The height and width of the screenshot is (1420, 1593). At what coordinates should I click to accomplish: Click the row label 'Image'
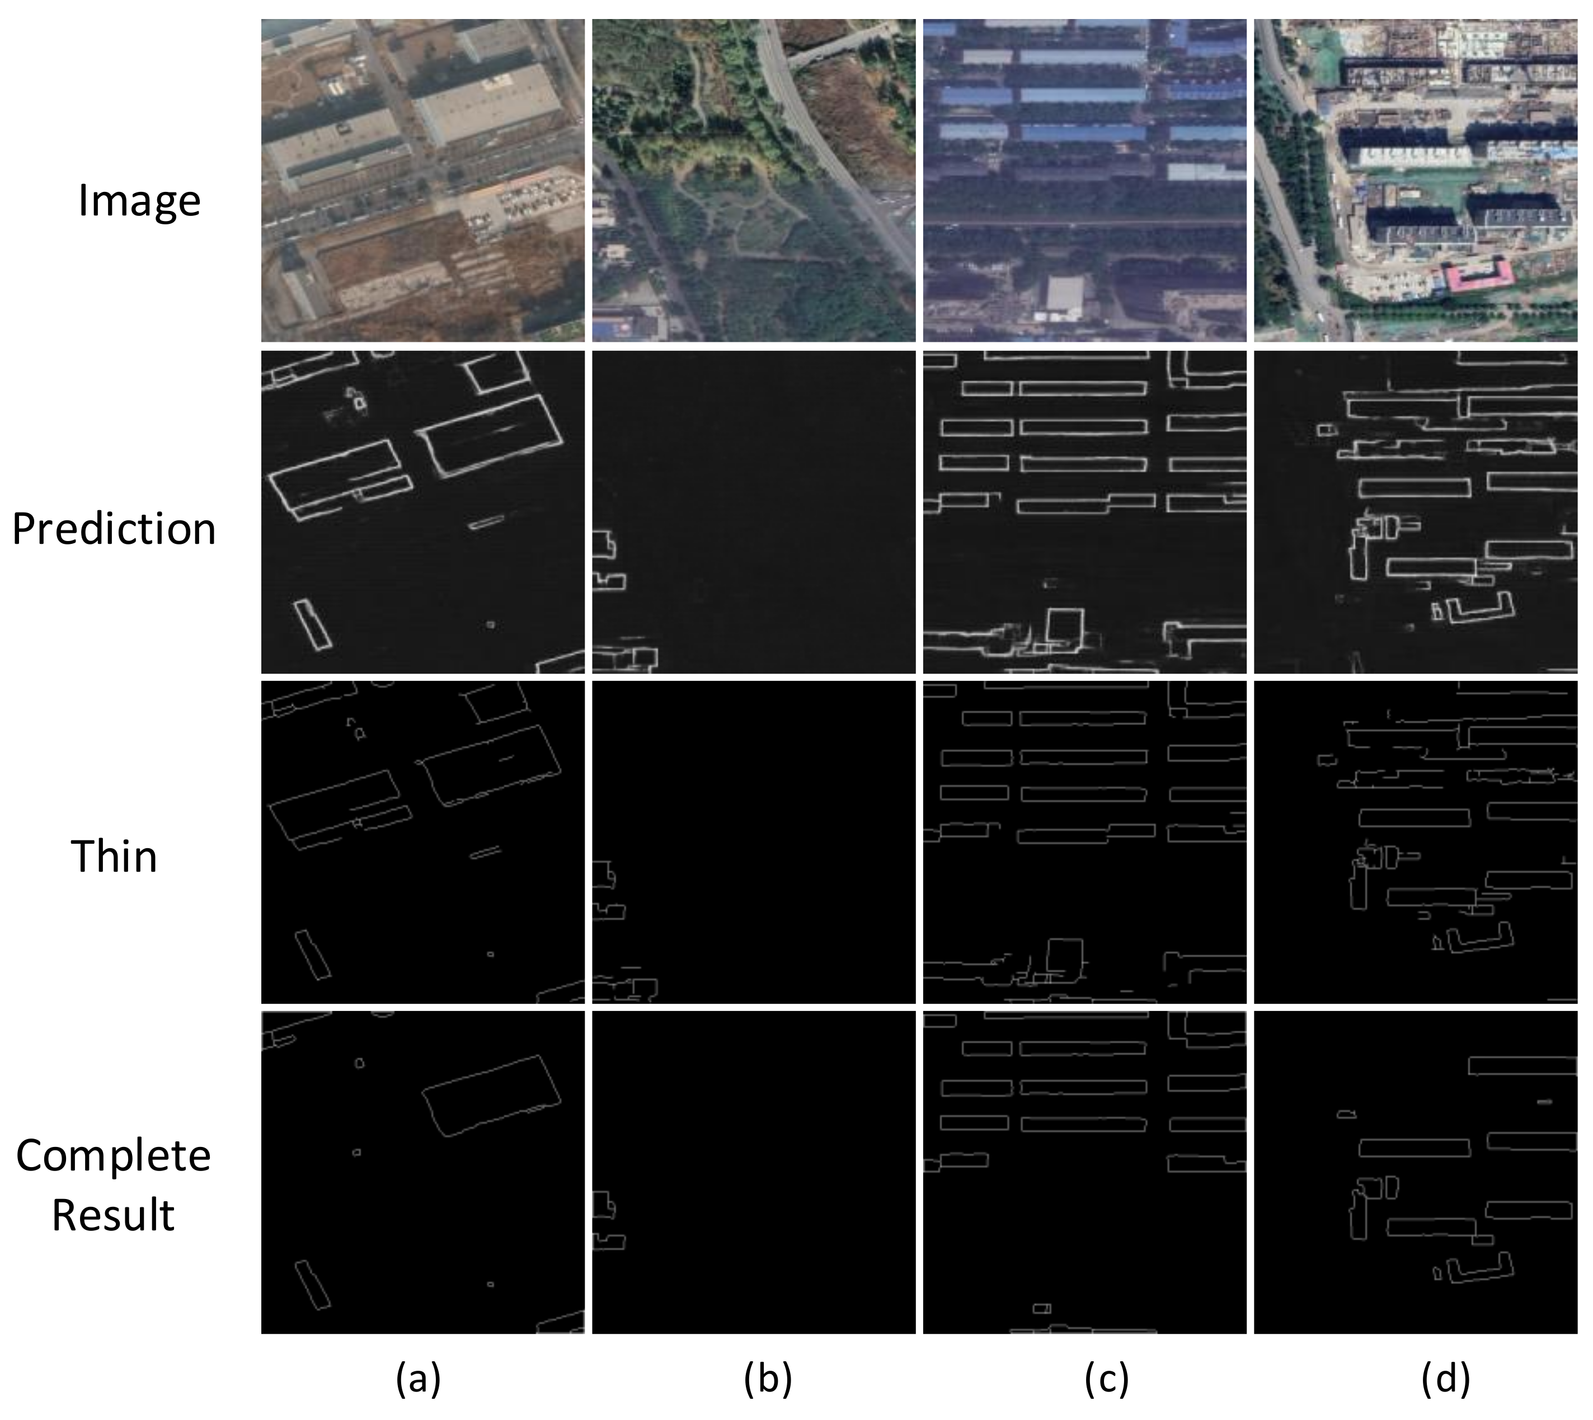point(139,201)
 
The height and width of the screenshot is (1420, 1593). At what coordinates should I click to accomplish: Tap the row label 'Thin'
point(114,857)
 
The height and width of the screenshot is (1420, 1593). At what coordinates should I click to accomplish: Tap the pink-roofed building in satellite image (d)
point(1477,277)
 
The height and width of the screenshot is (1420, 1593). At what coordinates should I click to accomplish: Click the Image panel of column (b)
point(754,180)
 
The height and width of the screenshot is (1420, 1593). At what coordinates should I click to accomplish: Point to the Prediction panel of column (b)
point(754,512)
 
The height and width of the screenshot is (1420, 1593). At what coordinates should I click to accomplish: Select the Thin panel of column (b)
point(754,843)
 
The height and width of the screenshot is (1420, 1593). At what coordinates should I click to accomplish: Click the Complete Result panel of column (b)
point(754,1173)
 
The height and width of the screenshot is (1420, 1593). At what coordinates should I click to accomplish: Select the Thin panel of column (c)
point(1084,843)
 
